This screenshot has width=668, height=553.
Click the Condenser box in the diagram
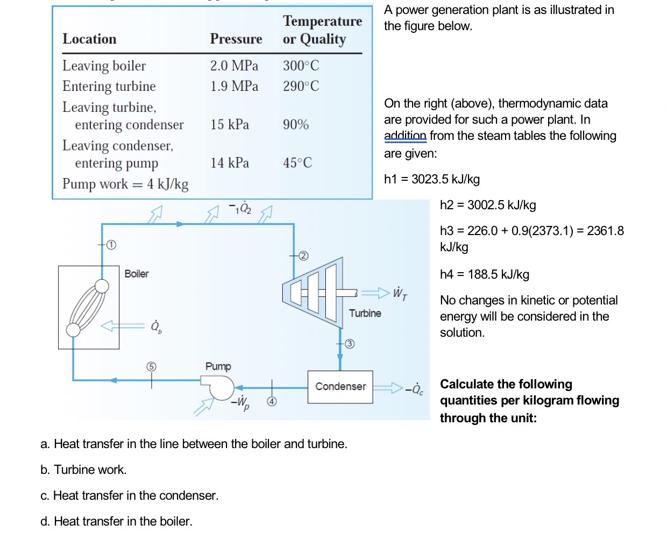[340, 387]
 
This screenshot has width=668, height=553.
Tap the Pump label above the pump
[218, 366]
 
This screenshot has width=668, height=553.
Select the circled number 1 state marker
[111, 245]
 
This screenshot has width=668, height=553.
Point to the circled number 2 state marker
[303, 256]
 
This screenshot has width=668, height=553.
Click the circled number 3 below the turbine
[350, 344]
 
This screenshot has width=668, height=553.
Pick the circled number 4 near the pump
[272, 401]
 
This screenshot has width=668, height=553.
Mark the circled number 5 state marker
[151, 366]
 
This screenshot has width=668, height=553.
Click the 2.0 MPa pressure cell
[234, 66]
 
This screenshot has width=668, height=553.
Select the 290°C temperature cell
[301, 86]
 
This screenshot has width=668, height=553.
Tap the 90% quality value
[296, 125]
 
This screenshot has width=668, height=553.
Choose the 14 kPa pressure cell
[230, 163]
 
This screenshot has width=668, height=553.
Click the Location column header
[89, 39]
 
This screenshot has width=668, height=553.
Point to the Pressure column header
[236, 39]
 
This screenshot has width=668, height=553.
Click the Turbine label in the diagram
[365, 313]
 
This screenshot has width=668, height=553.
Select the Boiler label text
[137, 274]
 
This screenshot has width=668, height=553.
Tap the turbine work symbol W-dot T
[400, 293]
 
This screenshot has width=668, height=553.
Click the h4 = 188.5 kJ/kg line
[484, 274]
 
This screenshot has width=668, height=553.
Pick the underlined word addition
[405, 136]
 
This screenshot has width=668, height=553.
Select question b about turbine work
[83, 470]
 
